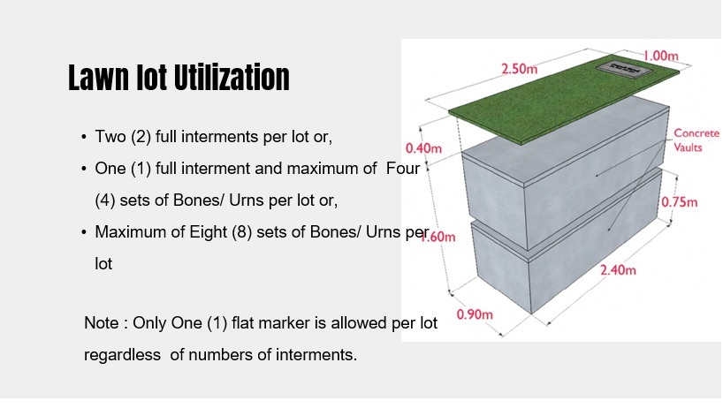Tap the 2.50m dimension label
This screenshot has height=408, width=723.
click(x=519, y=69)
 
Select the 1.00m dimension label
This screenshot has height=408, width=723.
click(x=661, y=57)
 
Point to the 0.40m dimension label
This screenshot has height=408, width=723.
click(x=423, y=148)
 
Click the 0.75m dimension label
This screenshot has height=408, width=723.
click(x=679, y=202)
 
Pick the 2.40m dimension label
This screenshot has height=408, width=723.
click(x=618, y=270)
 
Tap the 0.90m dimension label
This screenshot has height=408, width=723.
click(x=475, y=314)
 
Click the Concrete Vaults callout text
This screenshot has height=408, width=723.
click(x=696, y=140)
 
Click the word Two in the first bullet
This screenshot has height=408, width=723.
click(x=110, y=137)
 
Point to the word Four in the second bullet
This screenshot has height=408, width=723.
click(x=403, y=169)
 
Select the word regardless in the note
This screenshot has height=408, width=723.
click(x=122, y=355)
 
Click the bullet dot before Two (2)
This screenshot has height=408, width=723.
click(x=83, y=137)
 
